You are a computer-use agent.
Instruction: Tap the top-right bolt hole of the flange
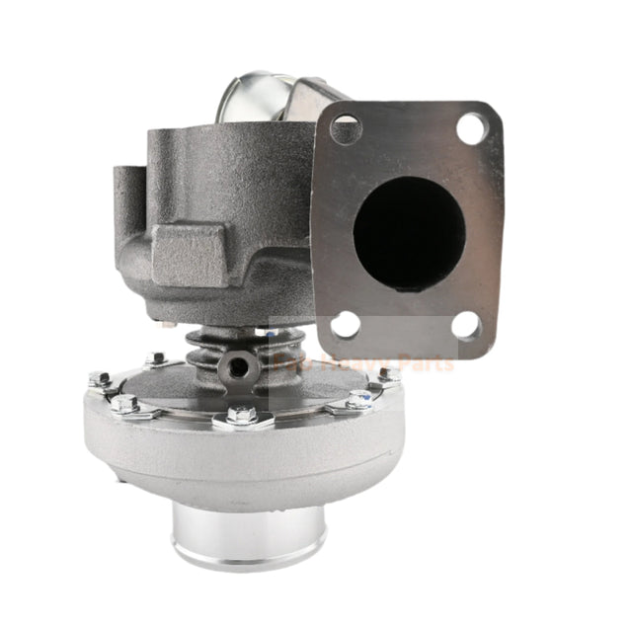click(471, 126)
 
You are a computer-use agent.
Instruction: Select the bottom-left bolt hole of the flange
click(345, 324)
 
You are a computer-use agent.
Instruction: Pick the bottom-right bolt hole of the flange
click(466, 325)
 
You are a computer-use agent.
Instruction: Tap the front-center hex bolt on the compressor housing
click(240, 418)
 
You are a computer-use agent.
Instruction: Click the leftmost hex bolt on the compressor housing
click(99, 378)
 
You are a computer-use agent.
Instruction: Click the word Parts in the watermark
click(424, 363)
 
